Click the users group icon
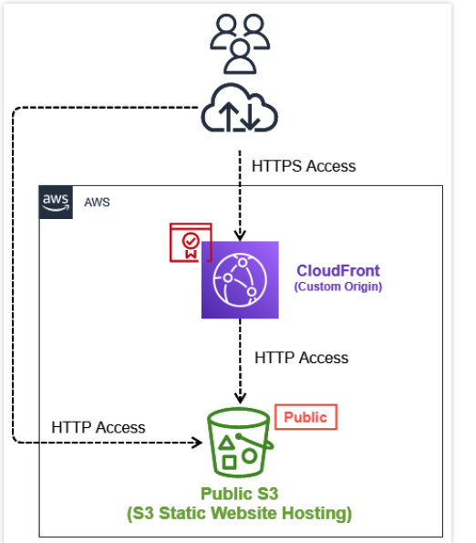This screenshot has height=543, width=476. point(240,44)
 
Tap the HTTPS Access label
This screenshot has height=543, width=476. point(304,166)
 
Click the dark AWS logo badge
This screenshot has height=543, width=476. point(56,203)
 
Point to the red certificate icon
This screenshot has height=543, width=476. point(191,243)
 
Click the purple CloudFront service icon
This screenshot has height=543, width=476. point(240,280)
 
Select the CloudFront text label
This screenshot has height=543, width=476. point(338,270)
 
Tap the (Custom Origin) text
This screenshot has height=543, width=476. point(338,287)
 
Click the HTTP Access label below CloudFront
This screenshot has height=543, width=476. point(301,358)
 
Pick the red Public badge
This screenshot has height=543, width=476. point(305,417)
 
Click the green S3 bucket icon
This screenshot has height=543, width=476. point(240,443)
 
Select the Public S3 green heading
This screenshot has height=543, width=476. point(240,494)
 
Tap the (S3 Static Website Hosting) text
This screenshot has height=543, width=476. point(240,513)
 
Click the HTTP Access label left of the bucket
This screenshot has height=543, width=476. point(98,427)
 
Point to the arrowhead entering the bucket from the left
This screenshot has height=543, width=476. point(199,443)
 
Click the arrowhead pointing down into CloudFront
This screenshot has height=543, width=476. point(240,235)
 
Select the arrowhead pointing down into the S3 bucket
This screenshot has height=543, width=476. point(240,398)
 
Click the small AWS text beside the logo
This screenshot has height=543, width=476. point(97,203)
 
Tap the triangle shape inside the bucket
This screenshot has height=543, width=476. point(226,443)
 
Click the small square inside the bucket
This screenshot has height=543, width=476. point(229,463)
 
